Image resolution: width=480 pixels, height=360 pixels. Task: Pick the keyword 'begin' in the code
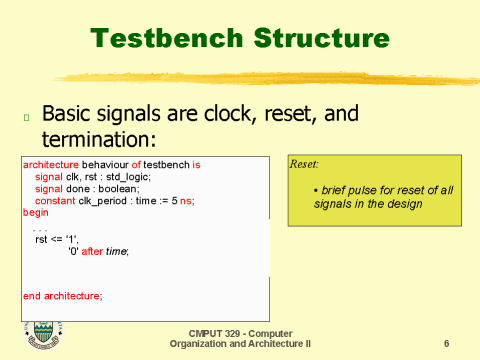pos(35,212)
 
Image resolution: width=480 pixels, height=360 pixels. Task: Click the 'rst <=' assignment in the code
pos(50,240)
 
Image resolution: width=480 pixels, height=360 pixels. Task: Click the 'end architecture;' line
pos(62,296)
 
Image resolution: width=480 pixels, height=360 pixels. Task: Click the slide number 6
pos(446,343)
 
